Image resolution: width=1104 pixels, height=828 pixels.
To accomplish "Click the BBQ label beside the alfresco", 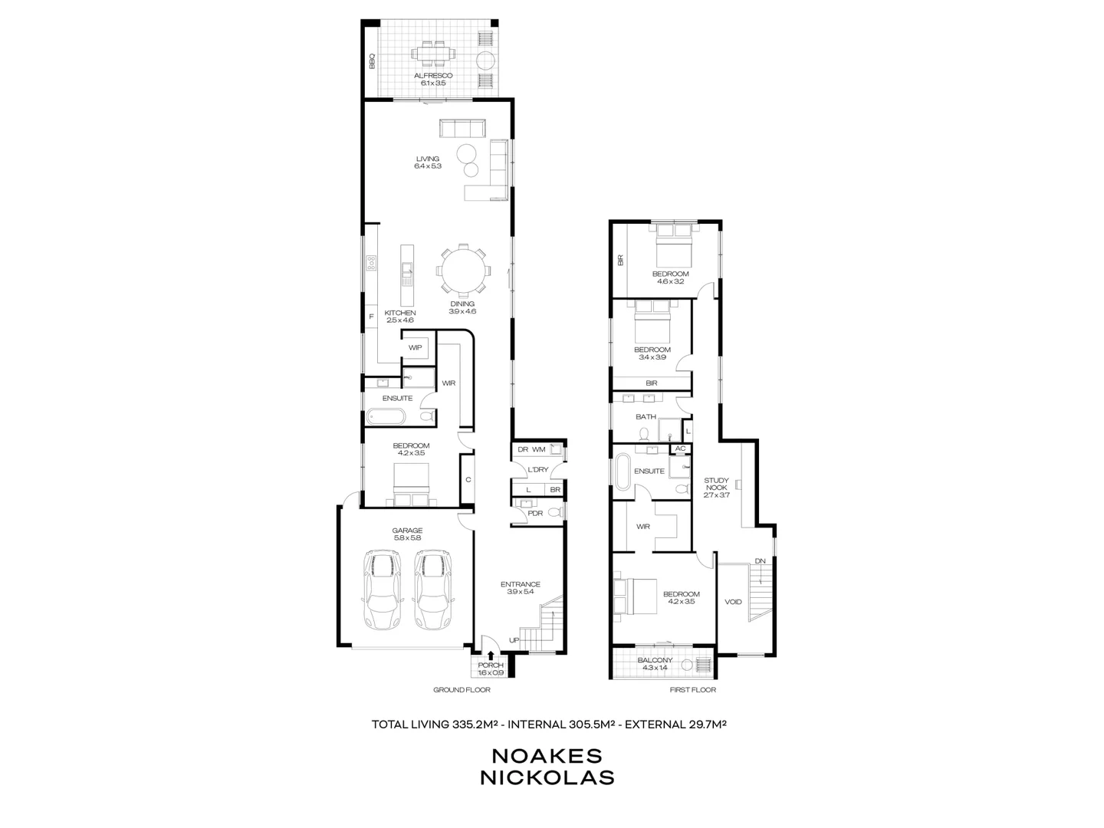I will point(372,61).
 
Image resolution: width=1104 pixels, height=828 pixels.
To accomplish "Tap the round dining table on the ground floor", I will point(462,270).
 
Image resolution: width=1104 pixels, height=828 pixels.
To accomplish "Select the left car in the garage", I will point(382,589).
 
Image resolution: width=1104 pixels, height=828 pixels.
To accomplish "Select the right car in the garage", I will point(433,589).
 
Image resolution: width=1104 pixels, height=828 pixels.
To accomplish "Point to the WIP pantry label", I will point(415,347).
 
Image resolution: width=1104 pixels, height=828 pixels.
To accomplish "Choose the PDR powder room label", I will point(535,513).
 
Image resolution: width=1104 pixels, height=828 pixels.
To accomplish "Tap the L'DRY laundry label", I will point(537,470).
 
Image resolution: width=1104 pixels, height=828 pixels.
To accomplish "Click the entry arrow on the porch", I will point(491,654).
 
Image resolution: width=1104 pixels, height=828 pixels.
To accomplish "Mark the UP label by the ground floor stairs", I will point(514,640).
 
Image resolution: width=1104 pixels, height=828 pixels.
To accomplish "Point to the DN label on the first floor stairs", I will point(760,561).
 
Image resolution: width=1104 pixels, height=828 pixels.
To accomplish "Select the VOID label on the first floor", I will point(733,602).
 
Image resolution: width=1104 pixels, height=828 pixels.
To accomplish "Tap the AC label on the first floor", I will point(679,449).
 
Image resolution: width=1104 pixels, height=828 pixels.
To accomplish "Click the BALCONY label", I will point(655,660).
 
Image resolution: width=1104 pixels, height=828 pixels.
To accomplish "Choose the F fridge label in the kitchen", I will point(371,316).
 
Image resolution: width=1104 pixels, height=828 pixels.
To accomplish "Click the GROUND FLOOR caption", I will point(462,690).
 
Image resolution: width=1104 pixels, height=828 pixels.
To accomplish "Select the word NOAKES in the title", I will point(547,755).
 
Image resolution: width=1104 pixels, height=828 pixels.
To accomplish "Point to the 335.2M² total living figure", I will point(475,723).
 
